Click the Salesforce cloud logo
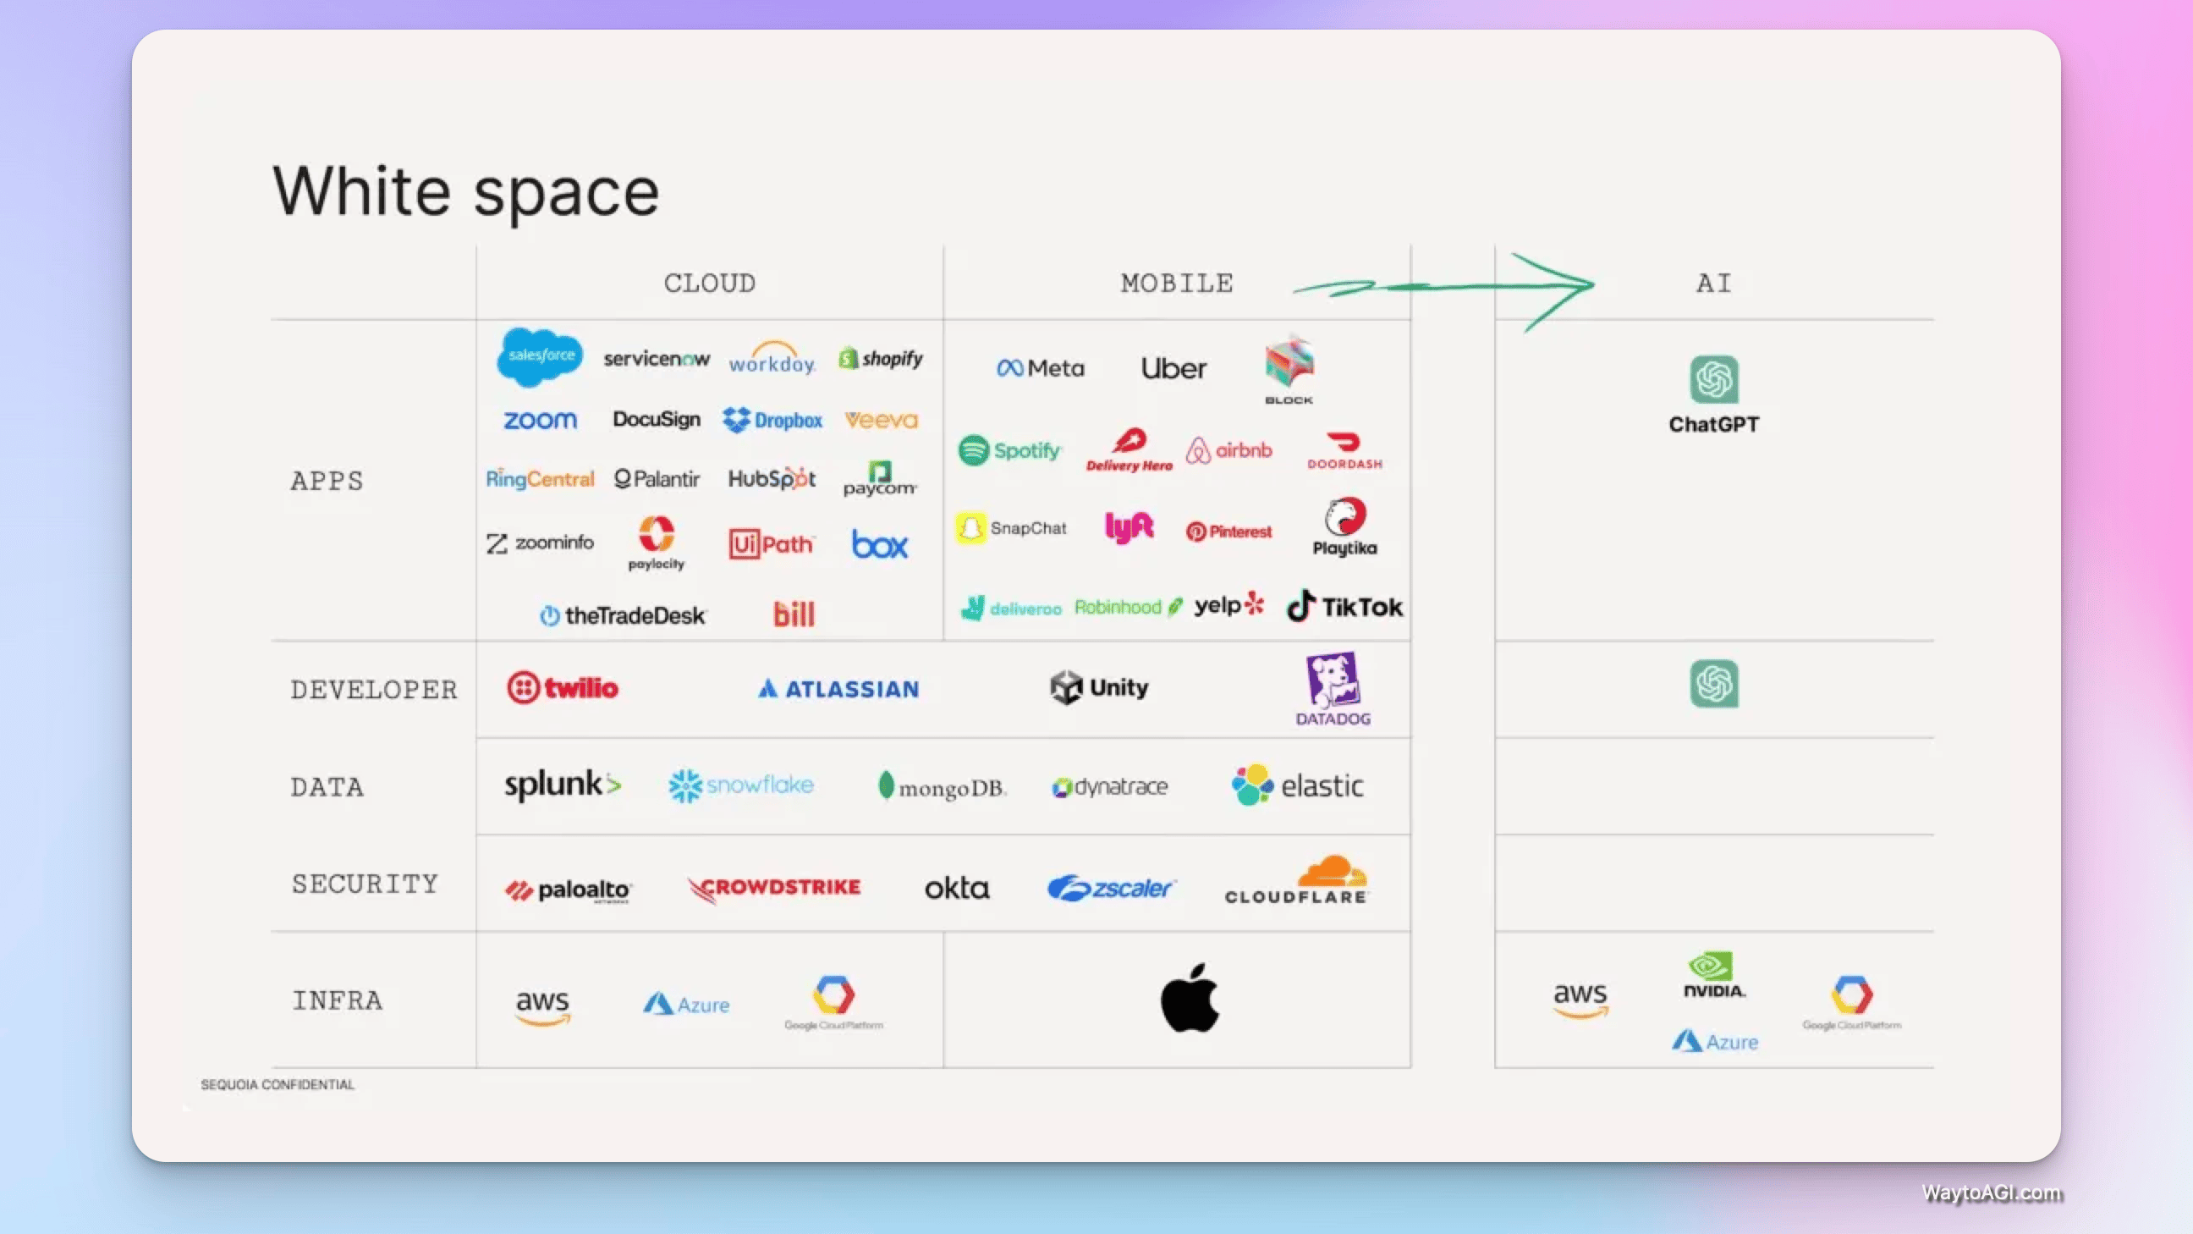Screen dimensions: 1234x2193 pos(540,356)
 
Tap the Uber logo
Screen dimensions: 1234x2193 pos(1173,368)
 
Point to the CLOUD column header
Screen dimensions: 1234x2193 pos(709,283)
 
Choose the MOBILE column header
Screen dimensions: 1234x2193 pos(1177,283)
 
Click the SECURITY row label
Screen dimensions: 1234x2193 pos(365,884)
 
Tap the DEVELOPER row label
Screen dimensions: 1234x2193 pos(374,689)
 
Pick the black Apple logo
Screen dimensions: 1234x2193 pos(1190,997)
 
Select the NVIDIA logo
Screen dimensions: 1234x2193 pos(1714,975)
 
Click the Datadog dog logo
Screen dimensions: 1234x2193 pos(1333,681)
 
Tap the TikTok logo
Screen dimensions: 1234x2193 pos(1344,606)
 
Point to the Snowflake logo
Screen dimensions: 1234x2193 pos(740,785)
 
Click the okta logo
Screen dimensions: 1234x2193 pos(957,888)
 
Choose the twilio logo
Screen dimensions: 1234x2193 pos(562,687)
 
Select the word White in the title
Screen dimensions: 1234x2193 pos(361,190)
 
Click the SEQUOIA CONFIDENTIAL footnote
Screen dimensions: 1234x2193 pos(278,1084)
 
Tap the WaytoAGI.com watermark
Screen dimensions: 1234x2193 pos(1992,1193)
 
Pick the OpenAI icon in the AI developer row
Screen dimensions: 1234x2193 pos(1714,684)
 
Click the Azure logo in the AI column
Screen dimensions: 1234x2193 pos(1715,1041)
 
